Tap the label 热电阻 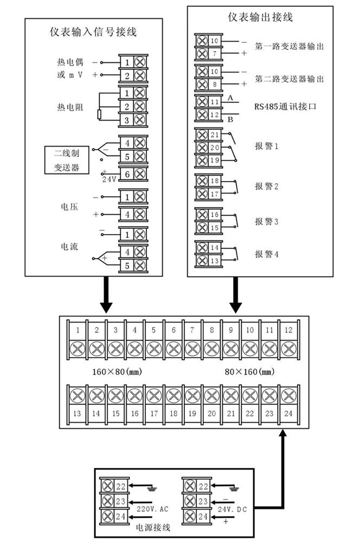[x=70, y=106]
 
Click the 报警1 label [x=266, y=146]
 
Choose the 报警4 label [x=266, y=253]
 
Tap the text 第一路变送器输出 [x=290, y=47]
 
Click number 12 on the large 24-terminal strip [x=288, y=330]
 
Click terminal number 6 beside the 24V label [x=126, y=174]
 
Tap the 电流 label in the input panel [x=70, y=247]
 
